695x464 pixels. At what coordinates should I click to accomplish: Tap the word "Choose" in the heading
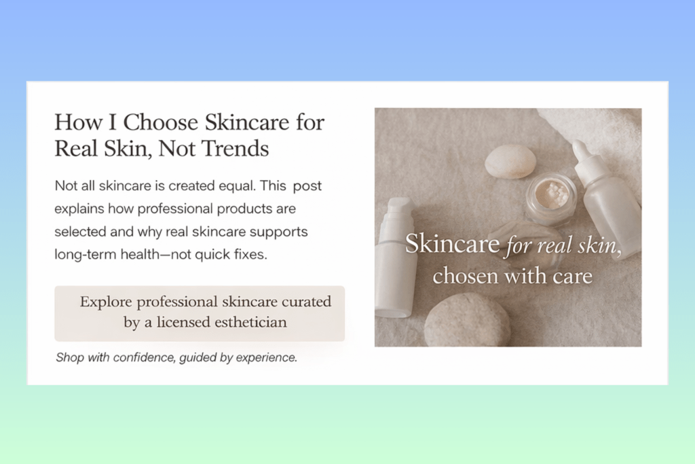[x=161, y=122]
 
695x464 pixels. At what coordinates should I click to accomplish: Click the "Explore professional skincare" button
[x=200, y=313]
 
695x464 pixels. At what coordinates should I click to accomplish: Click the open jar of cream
[x=550, y=196]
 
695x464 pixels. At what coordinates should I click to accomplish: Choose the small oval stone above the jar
[x=510, y=161]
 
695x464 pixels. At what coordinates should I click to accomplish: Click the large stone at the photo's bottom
[x=467, y=320]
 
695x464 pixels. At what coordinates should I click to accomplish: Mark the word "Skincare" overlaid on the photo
[x=452, y=244]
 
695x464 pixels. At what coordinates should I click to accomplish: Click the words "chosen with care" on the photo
[x=512, y=276]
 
